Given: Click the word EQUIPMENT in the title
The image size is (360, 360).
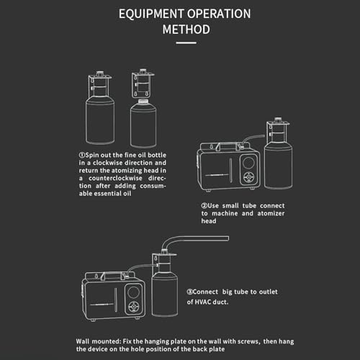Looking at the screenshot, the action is tap(151, 14).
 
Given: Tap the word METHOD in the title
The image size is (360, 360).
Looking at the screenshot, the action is tap(186, 30).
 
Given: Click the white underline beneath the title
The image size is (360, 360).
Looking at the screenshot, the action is tap(186, 43).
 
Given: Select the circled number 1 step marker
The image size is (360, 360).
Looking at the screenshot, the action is tap(82, 155).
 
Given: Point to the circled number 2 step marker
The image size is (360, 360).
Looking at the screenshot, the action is tap(204, 206).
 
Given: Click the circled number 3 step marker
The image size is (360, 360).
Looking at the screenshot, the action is tap(189, 292).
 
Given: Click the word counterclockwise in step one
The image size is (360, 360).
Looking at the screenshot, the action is tap(115, 179).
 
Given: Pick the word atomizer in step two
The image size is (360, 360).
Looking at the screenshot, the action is tap(271, 213).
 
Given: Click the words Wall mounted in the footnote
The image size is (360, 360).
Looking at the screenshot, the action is tap(98, 341).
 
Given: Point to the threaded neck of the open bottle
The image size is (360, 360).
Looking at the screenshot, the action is tap(143, 102).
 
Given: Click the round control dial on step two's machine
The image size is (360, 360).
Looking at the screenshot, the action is tap(249, 177).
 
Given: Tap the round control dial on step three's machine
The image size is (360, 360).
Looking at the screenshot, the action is tap(133, 307).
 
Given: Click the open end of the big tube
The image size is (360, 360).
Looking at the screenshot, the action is tap(228, 238).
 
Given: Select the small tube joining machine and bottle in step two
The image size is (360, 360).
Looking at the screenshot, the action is tap(253, 139).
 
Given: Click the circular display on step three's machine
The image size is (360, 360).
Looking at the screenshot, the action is tap(132, 292).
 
